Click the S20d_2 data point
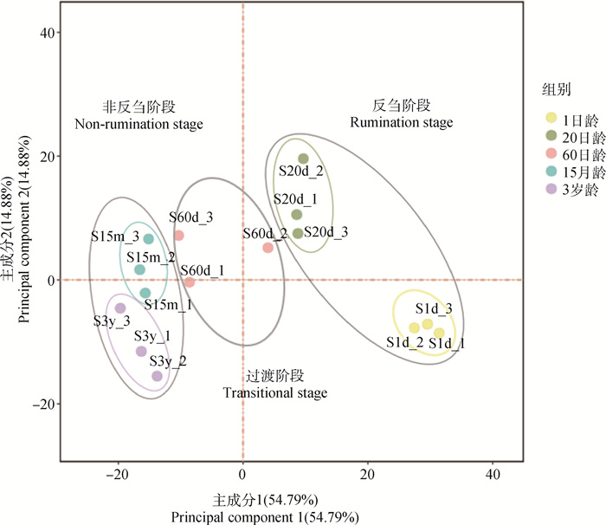tap(303, 159)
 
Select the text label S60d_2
tap(265, 233)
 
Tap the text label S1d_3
tap(433, 308)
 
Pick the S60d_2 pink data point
tap(268, 248)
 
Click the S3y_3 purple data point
tap(120, 308)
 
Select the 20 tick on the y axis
tap(45, 157)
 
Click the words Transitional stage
tap(275, 393)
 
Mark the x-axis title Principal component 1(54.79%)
tap(264, 517)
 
